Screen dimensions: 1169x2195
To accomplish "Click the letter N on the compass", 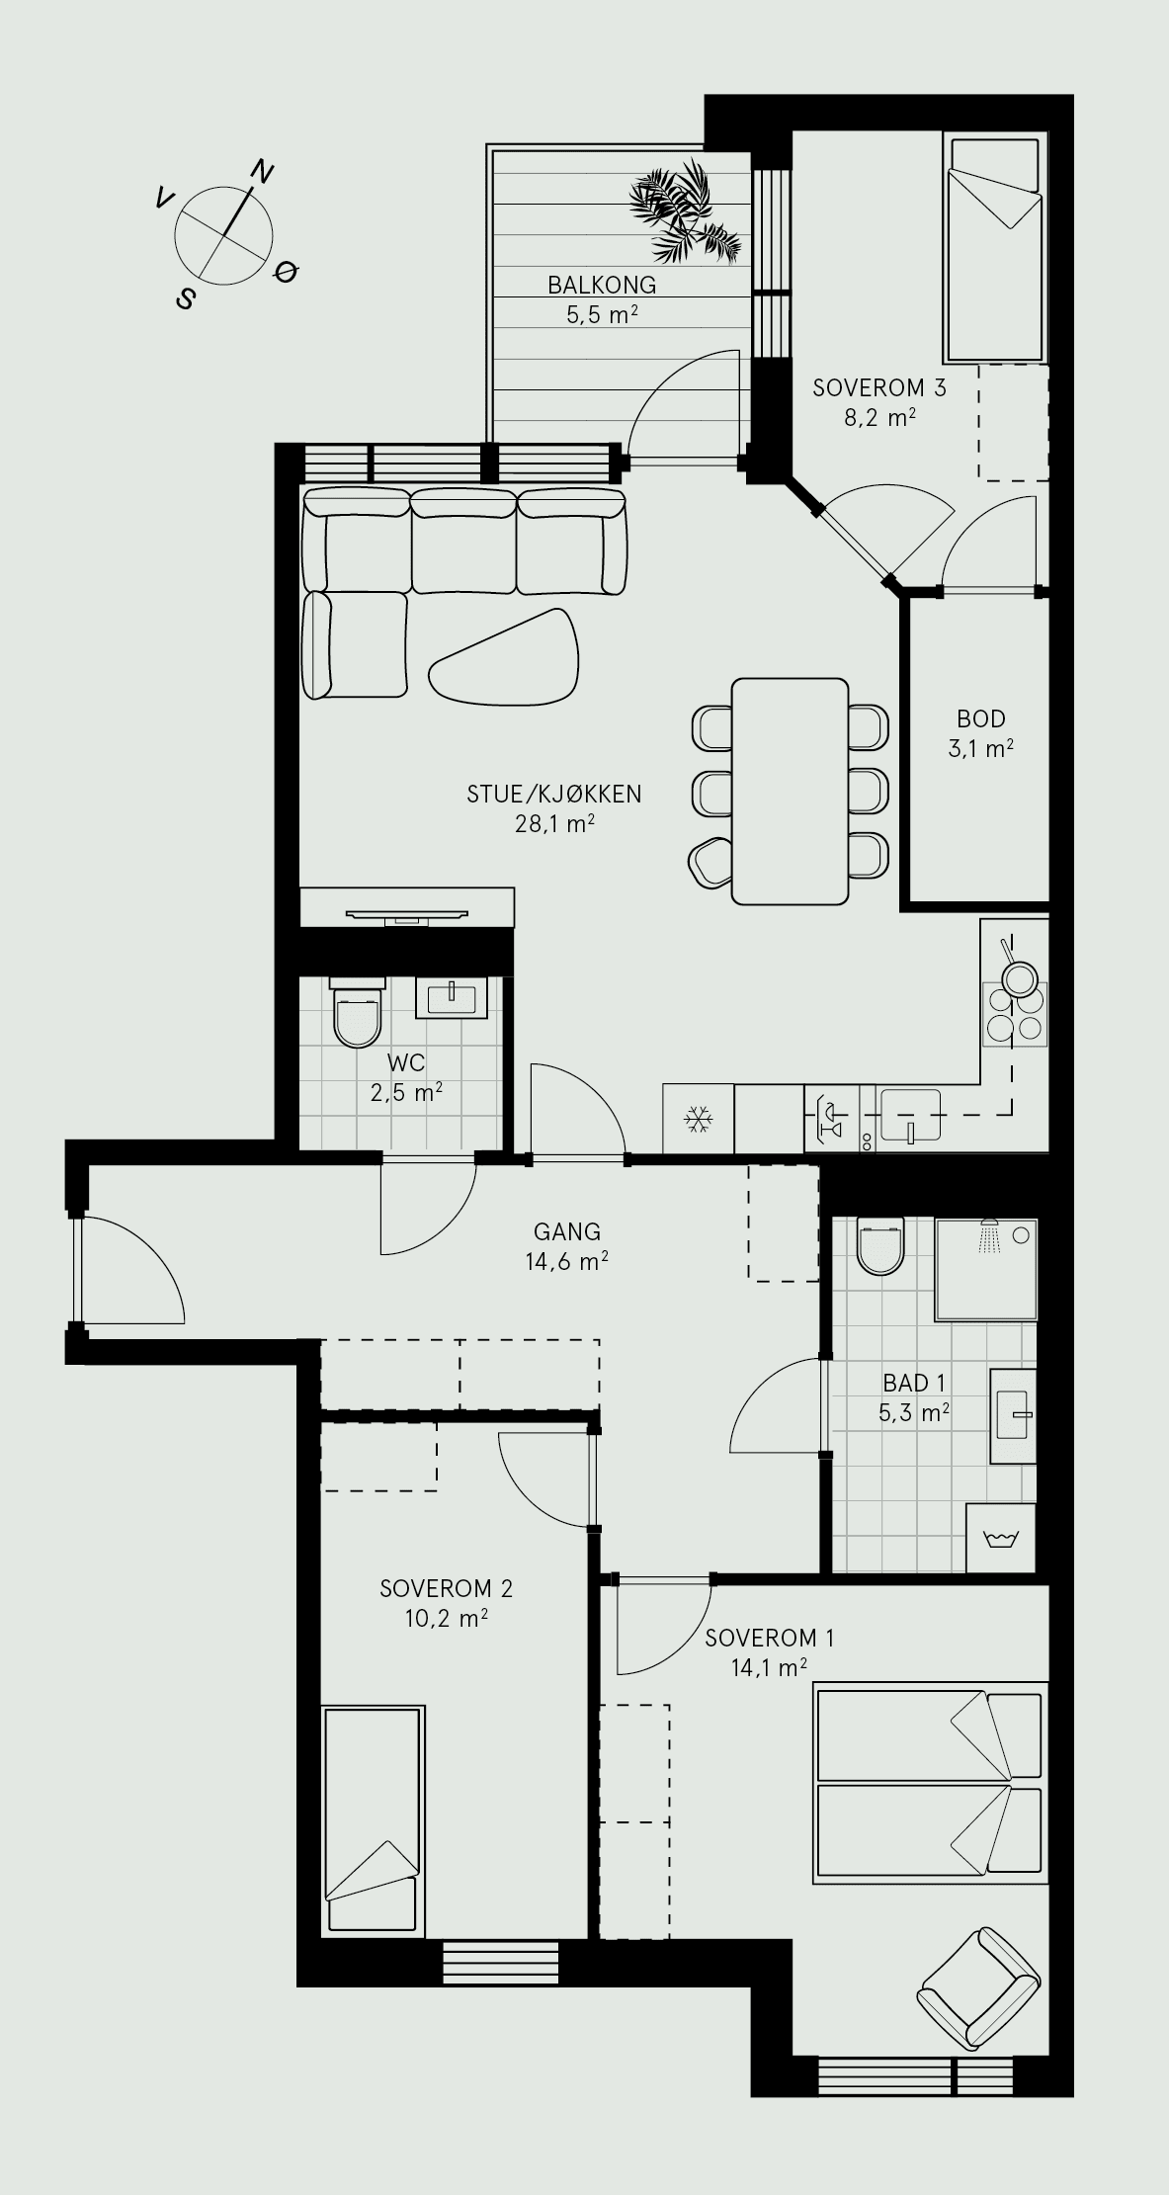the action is tap(261, 170).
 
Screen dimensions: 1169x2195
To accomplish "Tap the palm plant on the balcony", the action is tap(686, 214).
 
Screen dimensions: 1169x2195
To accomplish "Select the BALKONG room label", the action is tap(602, 286).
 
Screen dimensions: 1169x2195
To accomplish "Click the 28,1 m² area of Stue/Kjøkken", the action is tap(554, 823).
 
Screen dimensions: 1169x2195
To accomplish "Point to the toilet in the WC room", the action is tap(357, 1014).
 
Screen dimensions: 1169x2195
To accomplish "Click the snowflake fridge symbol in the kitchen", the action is tap(699, 1119).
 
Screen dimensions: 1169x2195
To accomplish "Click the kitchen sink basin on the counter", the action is tap(909, 1118).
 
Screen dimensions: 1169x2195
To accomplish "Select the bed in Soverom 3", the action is tap(995, 250).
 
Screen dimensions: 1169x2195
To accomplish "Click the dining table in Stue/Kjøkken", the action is tap(790, 791).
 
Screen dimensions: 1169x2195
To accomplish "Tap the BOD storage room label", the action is tap(981, 718).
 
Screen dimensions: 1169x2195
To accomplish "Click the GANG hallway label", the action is tap(567, 1231).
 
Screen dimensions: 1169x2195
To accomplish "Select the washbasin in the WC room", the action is tap(452, 997).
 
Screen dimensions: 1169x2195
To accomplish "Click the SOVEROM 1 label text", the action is tap(770, 1638).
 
